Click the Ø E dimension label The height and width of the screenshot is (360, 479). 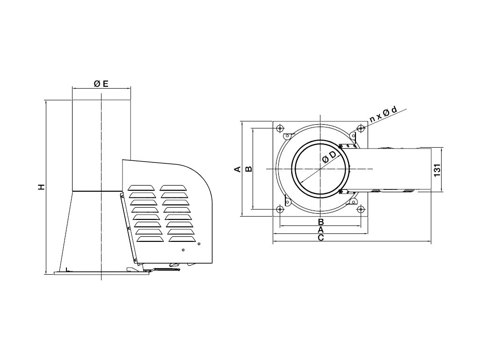(101, 84)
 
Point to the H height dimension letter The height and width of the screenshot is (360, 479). (42, 187)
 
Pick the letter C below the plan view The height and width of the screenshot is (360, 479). (320, 238)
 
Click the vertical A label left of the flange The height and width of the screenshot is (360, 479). (238, 169)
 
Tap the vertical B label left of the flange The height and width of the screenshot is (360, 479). (249, 169)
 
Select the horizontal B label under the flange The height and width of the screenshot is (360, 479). (320, 221)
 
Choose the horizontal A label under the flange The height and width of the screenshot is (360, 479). (320, 230)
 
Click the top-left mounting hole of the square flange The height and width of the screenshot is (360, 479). (280, 128)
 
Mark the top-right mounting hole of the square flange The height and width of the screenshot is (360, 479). (360, 128)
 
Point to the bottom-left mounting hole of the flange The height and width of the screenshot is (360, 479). (280, 209)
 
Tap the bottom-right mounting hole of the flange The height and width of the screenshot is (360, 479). (360, 209)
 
